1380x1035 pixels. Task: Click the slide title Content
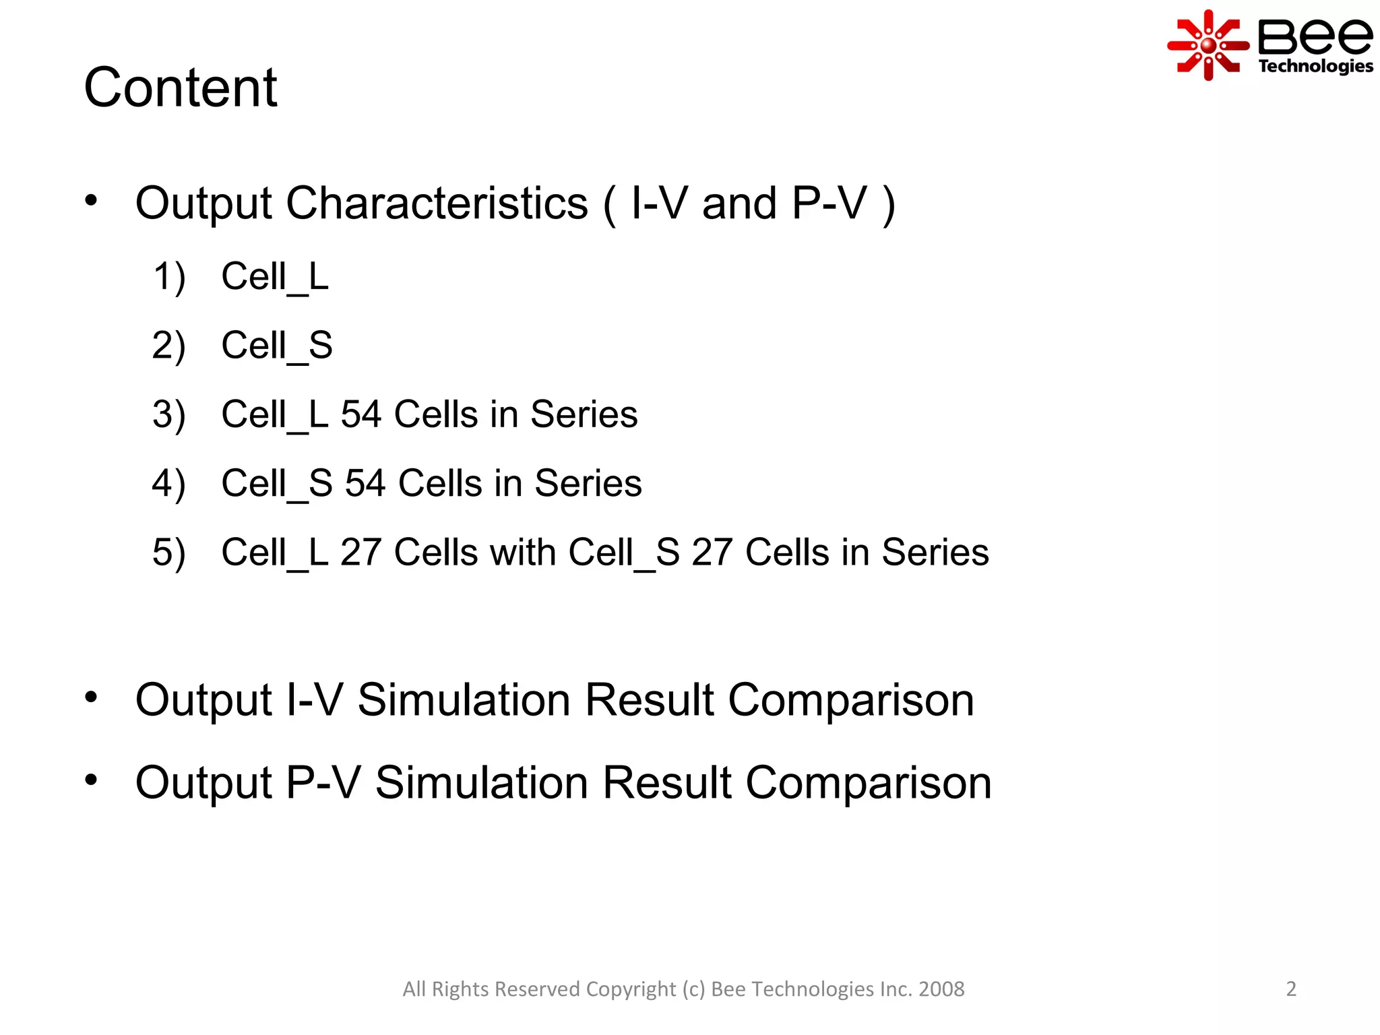tap(180, 88)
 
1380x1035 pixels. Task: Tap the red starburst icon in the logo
tap(1207, 45)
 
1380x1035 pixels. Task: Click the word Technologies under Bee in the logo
tap(1315, 66)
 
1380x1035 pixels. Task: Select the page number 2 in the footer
tap(1290, 989)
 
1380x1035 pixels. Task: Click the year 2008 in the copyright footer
tap(941, 989)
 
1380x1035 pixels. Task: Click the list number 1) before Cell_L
tap(168, 277)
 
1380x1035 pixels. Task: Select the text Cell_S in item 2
tap(277, 346)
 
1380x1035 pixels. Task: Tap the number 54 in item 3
tap(361, 414)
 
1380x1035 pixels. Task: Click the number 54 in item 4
tap(365, 484)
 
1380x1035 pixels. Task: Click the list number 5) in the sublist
tap(168, 553)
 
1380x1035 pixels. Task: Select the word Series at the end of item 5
tap(935, 553)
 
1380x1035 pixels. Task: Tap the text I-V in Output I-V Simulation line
tap(315, 700)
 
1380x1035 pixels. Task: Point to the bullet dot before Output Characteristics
tap(91, 200)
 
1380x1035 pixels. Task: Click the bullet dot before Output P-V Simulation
tap(91, 780)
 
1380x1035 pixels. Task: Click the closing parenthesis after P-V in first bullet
tap(889, 204)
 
